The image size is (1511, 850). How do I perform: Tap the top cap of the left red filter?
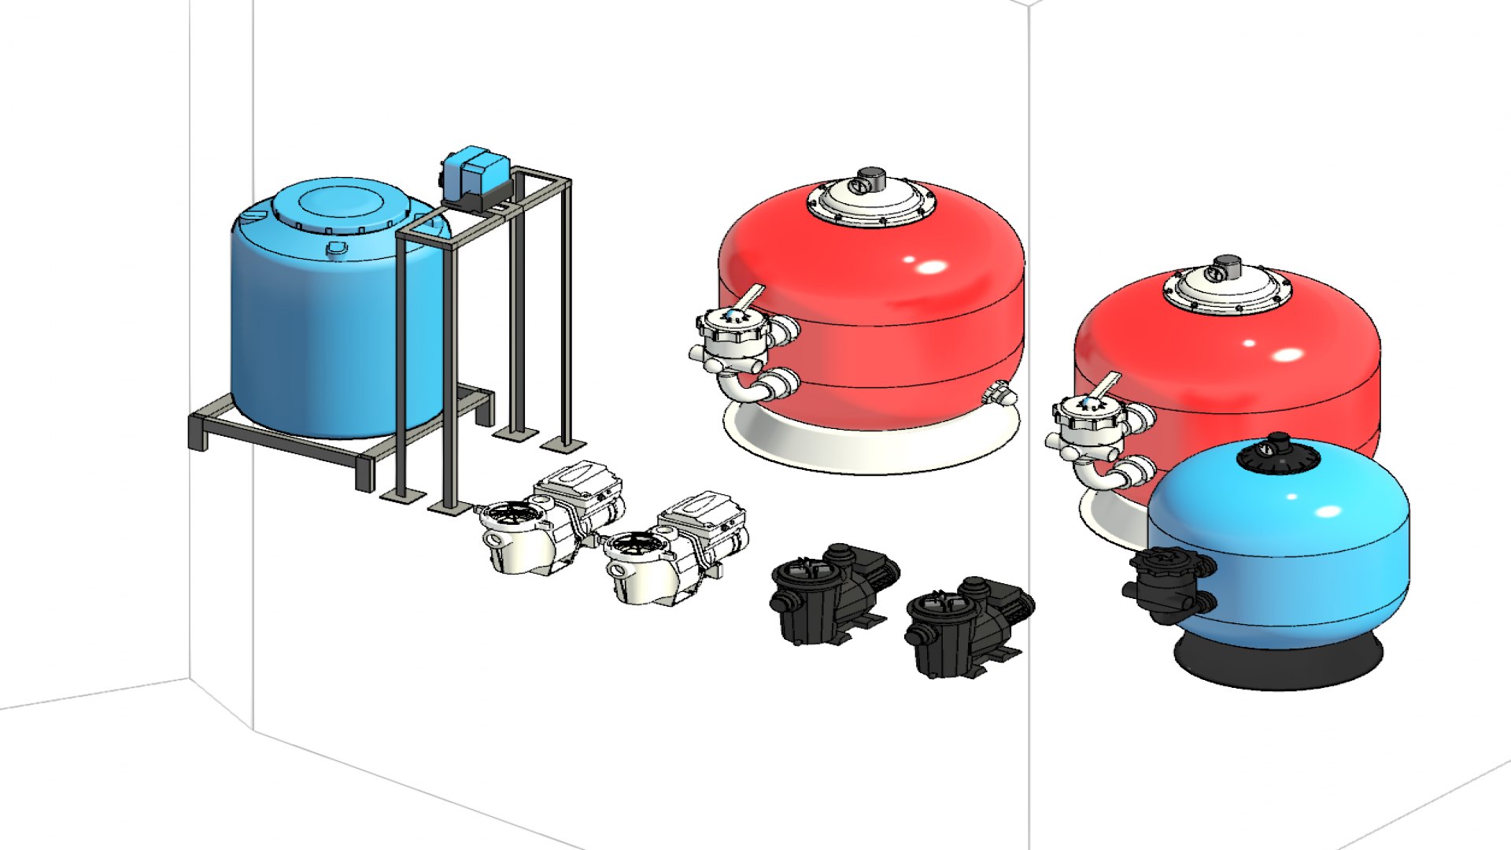pos(871,181)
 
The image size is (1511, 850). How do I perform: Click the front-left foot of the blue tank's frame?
pos(364,472)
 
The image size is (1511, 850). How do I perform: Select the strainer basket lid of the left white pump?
pos(512,516)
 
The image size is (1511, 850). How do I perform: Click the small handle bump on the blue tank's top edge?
pos(337,249)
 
